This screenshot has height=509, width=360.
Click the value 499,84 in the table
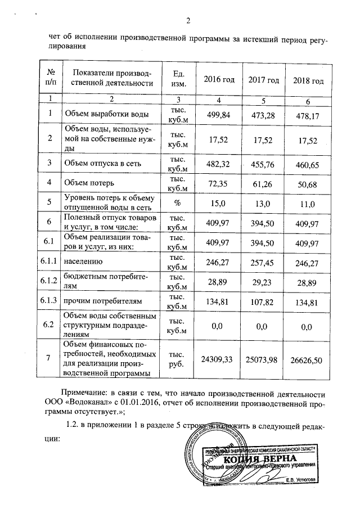219,114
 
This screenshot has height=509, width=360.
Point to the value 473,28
264,114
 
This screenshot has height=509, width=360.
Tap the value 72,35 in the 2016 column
219,183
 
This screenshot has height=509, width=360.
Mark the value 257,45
264,262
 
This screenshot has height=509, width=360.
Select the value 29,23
264,281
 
